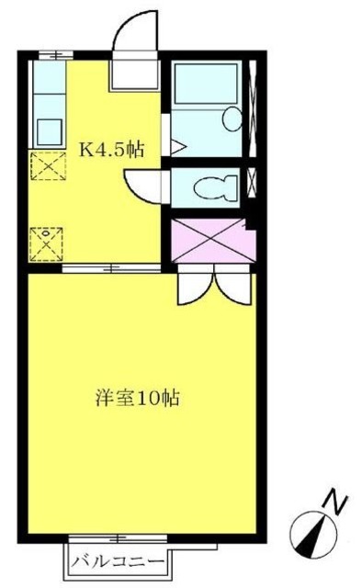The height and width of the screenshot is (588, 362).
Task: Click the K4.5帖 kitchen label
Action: [113, 147]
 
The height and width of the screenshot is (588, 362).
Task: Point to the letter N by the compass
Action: [338, 503]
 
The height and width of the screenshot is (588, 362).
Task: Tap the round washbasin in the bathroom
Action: [233, 119]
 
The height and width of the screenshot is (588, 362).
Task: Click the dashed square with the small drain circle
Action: [43, 243]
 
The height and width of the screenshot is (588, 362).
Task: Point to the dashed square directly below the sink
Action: [44, 167]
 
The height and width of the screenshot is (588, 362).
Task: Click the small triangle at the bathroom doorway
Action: [177, 145]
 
